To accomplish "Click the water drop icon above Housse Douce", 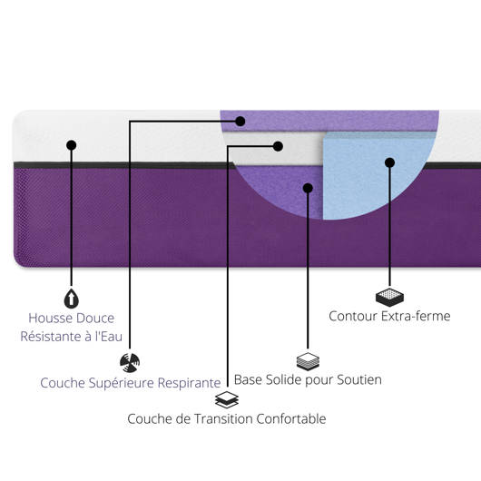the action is (71, 299).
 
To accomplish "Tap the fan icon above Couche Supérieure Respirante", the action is (130, 363).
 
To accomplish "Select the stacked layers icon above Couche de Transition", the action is (227, 399).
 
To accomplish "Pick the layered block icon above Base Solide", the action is (308, 362).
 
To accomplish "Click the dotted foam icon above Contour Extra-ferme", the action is (389, 298).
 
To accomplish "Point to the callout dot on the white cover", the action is (71, 145).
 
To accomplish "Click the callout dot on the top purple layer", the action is (240, 122).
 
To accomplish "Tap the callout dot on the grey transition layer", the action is (278, 146).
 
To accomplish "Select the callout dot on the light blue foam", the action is (389, 162).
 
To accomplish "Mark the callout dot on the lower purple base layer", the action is (308, 188).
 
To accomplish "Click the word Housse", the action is (50, 319).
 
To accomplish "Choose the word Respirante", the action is (190, 383).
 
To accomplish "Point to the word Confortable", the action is (291, 418).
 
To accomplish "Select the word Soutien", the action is (359, 379).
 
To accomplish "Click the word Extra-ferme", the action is (416, 316).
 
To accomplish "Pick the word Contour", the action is (353, 316).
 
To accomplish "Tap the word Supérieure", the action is (122, 383).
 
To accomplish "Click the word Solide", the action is (284, 379).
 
